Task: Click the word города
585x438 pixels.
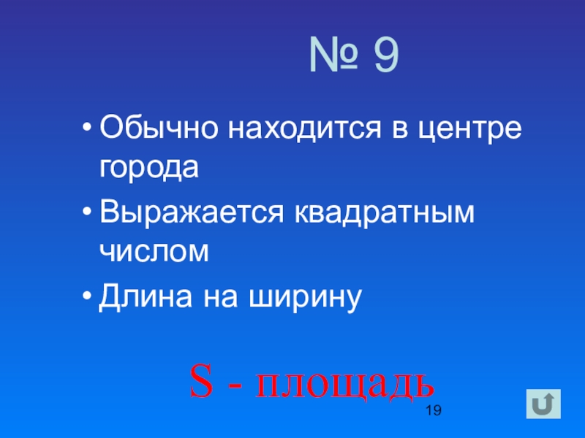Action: (x=149, y=168)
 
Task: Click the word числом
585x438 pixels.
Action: (x=154, y=252)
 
